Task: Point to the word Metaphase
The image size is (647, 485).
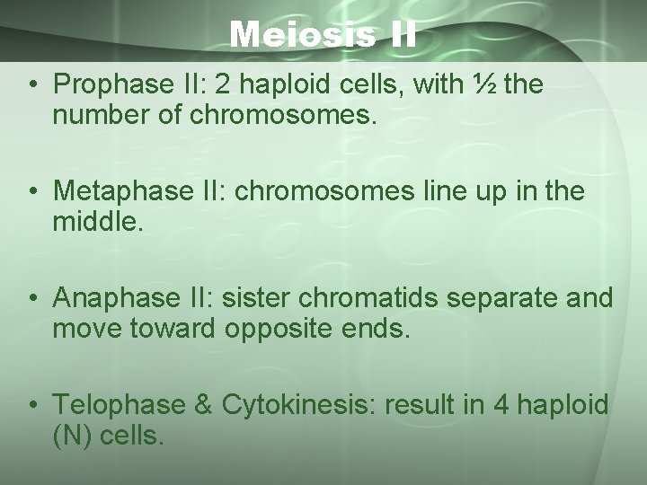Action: click(x=109, y=190)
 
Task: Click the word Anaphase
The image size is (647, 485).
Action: click(x=103, y=296)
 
